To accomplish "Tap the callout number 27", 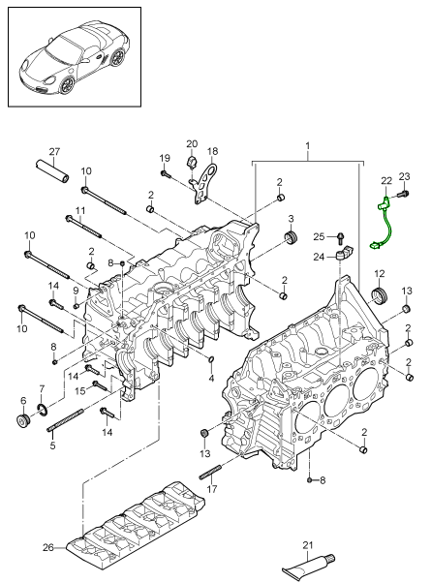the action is tap(54, 152).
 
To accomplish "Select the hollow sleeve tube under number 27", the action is tap(52, 170).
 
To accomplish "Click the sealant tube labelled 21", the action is tap(308, 566).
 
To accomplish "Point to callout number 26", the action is tap(48, 548).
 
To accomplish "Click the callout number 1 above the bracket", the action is tap(308, 145).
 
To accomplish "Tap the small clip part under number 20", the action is tap(191, 163).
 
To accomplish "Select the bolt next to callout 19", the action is tap(165, 173).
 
